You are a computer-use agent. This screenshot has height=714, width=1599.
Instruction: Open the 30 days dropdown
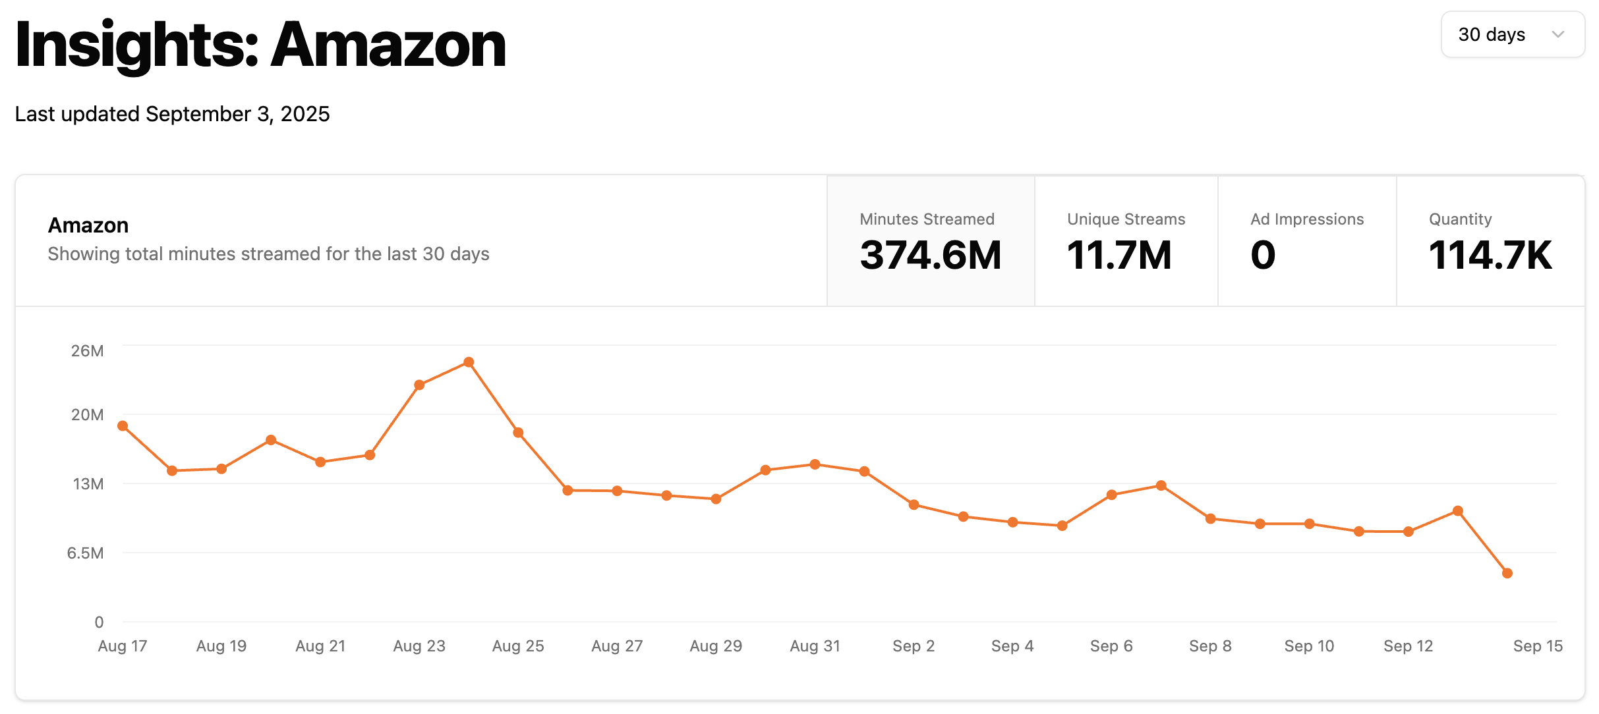1512,34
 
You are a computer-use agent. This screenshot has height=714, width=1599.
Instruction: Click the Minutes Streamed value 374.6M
930,256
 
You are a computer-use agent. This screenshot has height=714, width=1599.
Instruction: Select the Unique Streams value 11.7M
1119,256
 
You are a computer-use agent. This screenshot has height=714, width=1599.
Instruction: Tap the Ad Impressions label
1306,219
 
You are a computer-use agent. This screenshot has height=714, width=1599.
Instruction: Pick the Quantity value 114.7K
1490,256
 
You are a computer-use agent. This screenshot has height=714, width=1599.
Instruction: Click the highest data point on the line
469,362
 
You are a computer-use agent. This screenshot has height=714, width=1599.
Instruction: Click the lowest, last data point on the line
1507,573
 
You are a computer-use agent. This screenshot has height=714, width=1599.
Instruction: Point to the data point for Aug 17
123,426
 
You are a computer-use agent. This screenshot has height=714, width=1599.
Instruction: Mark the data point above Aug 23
419,385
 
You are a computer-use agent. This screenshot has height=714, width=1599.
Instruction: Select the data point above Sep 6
1111,495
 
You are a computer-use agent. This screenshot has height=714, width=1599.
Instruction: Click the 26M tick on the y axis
87,351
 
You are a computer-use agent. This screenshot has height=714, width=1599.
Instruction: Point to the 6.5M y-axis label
85,553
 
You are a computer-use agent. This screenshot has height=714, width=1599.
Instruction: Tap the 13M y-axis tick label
88,484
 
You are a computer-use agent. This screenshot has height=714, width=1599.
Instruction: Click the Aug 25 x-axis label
518,646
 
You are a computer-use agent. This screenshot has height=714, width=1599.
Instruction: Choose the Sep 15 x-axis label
1537,646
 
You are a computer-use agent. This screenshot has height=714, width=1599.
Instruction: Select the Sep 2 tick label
914,646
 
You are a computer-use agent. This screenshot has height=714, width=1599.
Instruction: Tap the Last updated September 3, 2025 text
172,114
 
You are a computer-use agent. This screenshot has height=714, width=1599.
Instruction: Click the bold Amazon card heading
88,225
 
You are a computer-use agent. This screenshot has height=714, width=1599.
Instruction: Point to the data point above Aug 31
815,464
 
